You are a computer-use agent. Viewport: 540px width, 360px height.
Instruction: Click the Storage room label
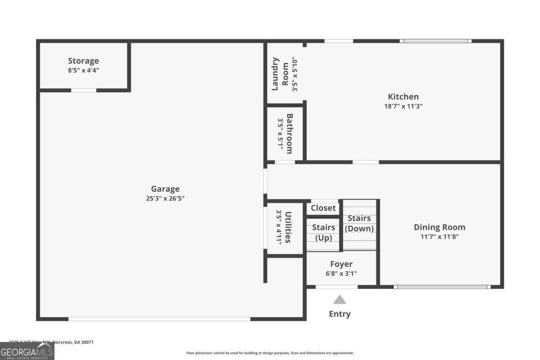click(x=83, y=61)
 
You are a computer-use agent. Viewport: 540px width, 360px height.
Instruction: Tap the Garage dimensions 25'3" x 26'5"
click(x=165, y=198)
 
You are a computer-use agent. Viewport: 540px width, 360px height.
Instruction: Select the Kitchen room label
click(x=403, y=97)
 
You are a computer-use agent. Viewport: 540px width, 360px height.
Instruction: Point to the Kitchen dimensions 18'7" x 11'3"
click(x=403, y=107)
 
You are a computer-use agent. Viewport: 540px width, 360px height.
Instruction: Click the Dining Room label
click(x=439, y=227)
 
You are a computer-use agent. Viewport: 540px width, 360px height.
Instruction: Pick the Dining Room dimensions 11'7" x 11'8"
click(x=439, y=237)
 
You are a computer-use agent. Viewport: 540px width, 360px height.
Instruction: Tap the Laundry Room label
click(x=280, y=74)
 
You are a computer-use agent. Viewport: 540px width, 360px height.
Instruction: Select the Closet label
click(x=323, y=208)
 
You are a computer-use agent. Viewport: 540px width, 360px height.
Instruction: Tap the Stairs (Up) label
click(x=323, y=232)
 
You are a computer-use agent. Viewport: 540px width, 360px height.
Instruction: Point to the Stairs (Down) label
click(x=359, y=223)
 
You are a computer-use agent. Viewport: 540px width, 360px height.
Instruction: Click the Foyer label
click(x=341, y=264)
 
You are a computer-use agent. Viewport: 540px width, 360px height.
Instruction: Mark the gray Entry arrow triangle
click(x=340, y=300)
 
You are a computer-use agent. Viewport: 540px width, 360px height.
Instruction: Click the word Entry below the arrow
click(x=340, y=314)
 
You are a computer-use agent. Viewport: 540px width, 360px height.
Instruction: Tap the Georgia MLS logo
click(x=27, y=351)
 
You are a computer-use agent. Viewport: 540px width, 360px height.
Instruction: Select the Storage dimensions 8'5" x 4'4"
click(x=83, y=71)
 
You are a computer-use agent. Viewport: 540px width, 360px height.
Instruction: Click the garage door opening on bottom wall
click(x=159, y=319)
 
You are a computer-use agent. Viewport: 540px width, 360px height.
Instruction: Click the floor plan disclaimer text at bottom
click(x=270, y=353)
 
